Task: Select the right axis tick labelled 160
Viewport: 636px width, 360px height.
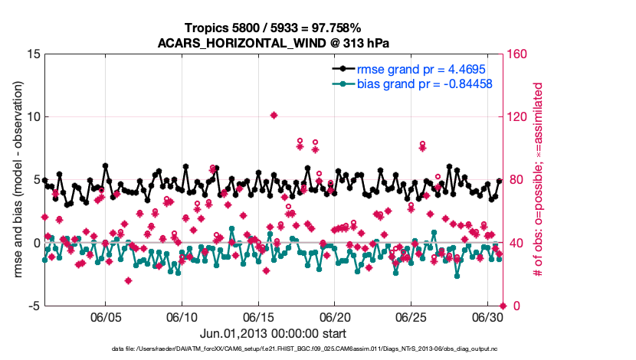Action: tap(519, 54)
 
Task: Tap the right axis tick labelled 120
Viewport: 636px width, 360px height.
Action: tap(519, 117)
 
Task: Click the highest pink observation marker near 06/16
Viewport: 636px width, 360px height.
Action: tap(274, 115)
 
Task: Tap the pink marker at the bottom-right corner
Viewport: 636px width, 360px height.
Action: tap(503, 306)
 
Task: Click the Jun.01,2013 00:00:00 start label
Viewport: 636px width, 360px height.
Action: tap(273, 334)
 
